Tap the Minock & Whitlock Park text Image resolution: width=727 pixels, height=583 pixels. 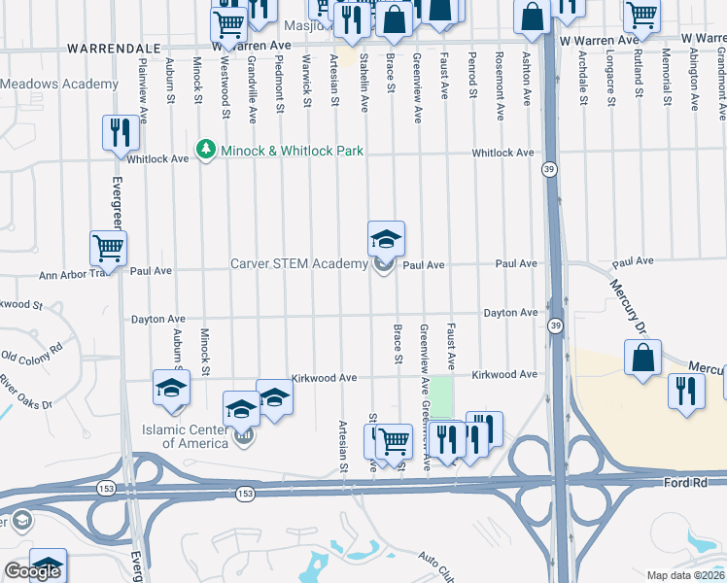click(279, 151)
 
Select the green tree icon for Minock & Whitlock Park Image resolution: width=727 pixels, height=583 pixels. click(204, 150)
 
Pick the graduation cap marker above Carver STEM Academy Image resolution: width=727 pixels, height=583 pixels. click(386, 239)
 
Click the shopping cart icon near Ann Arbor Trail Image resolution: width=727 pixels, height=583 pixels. click(108, 249)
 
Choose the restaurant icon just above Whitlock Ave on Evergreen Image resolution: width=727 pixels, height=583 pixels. click(121, 132)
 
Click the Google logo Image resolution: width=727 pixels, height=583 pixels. click(32, 571)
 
